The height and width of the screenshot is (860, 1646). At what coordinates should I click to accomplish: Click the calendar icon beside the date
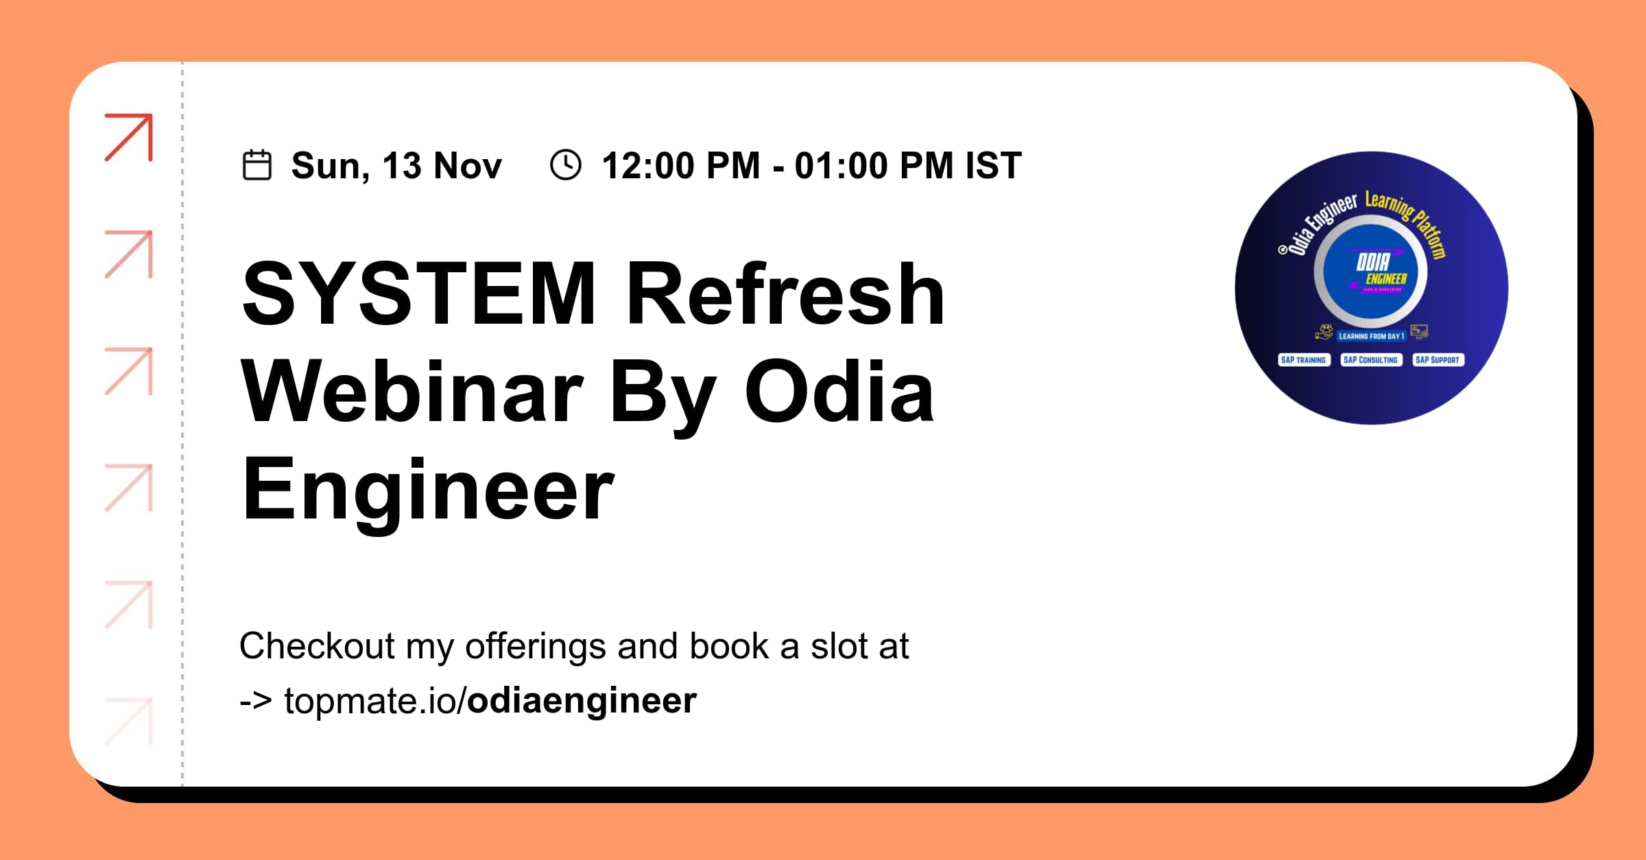[x=257, y=165]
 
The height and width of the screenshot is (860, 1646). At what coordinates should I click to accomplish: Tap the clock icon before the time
[x=566, y=165]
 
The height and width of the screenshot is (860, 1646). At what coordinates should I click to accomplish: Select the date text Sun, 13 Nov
[x=396, y=166]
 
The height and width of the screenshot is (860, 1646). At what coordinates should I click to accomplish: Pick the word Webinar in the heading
[x=412, y=392]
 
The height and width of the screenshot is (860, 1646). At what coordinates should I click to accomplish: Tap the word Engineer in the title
[x=428, y=491]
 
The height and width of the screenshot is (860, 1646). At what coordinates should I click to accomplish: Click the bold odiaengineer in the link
[x=582, y=701]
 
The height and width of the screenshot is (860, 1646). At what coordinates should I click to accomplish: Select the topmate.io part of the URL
[x=370, y=701]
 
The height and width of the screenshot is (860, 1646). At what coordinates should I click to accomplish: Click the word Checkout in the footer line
[x=317, y=646]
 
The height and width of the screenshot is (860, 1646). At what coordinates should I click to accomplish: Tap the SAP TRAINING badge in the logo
[x=1304, y=360]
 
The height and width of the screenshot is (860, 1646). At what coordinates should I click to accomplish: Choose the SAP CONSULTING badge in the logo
[x=1370, y=360]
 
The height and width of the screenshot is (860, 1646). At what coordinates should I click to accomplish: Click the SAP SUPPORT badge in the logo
[x=1438, y=360]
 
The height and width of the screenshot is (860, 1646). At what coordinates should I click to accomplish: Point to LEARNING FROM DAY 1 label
[x=1372, y=336]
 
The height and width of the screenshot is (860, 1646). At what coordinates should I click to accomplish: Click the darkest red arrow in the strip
[x=129, y=137]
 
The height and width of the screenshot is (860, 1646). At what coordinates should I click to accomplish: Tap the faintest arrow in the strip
[x=129, y=721]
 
